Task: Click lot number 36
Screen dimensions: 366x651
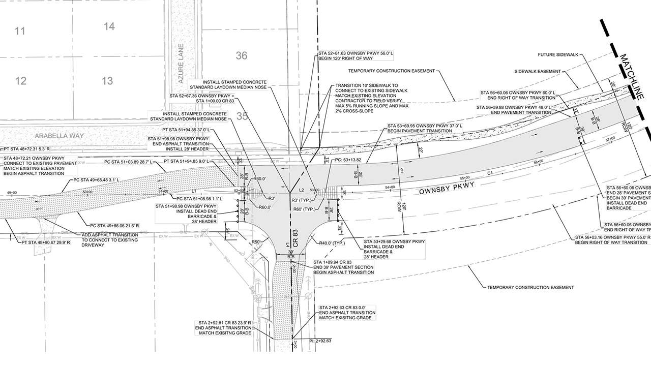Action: tap(242, 55)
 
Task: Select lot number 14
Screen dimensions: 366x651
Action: tap(109, 26)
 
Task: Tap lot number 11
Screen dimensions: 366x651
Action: tap(20, 32)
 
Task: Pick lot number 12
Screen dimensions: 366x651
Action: tap(21, 81)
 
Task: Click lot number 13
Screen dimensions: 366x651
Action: tap(107, 81)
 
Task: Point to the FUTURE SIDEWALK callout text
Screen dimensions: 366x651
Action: tap(558, 55)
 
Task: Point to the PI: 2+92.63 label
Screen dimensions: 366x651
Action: tap(321, 341)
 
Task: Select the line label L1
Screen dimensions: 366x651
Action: tap(194, 191)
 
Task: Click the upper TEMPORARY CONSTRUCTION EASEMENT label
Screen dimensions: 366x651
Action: tap(392, 71)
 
